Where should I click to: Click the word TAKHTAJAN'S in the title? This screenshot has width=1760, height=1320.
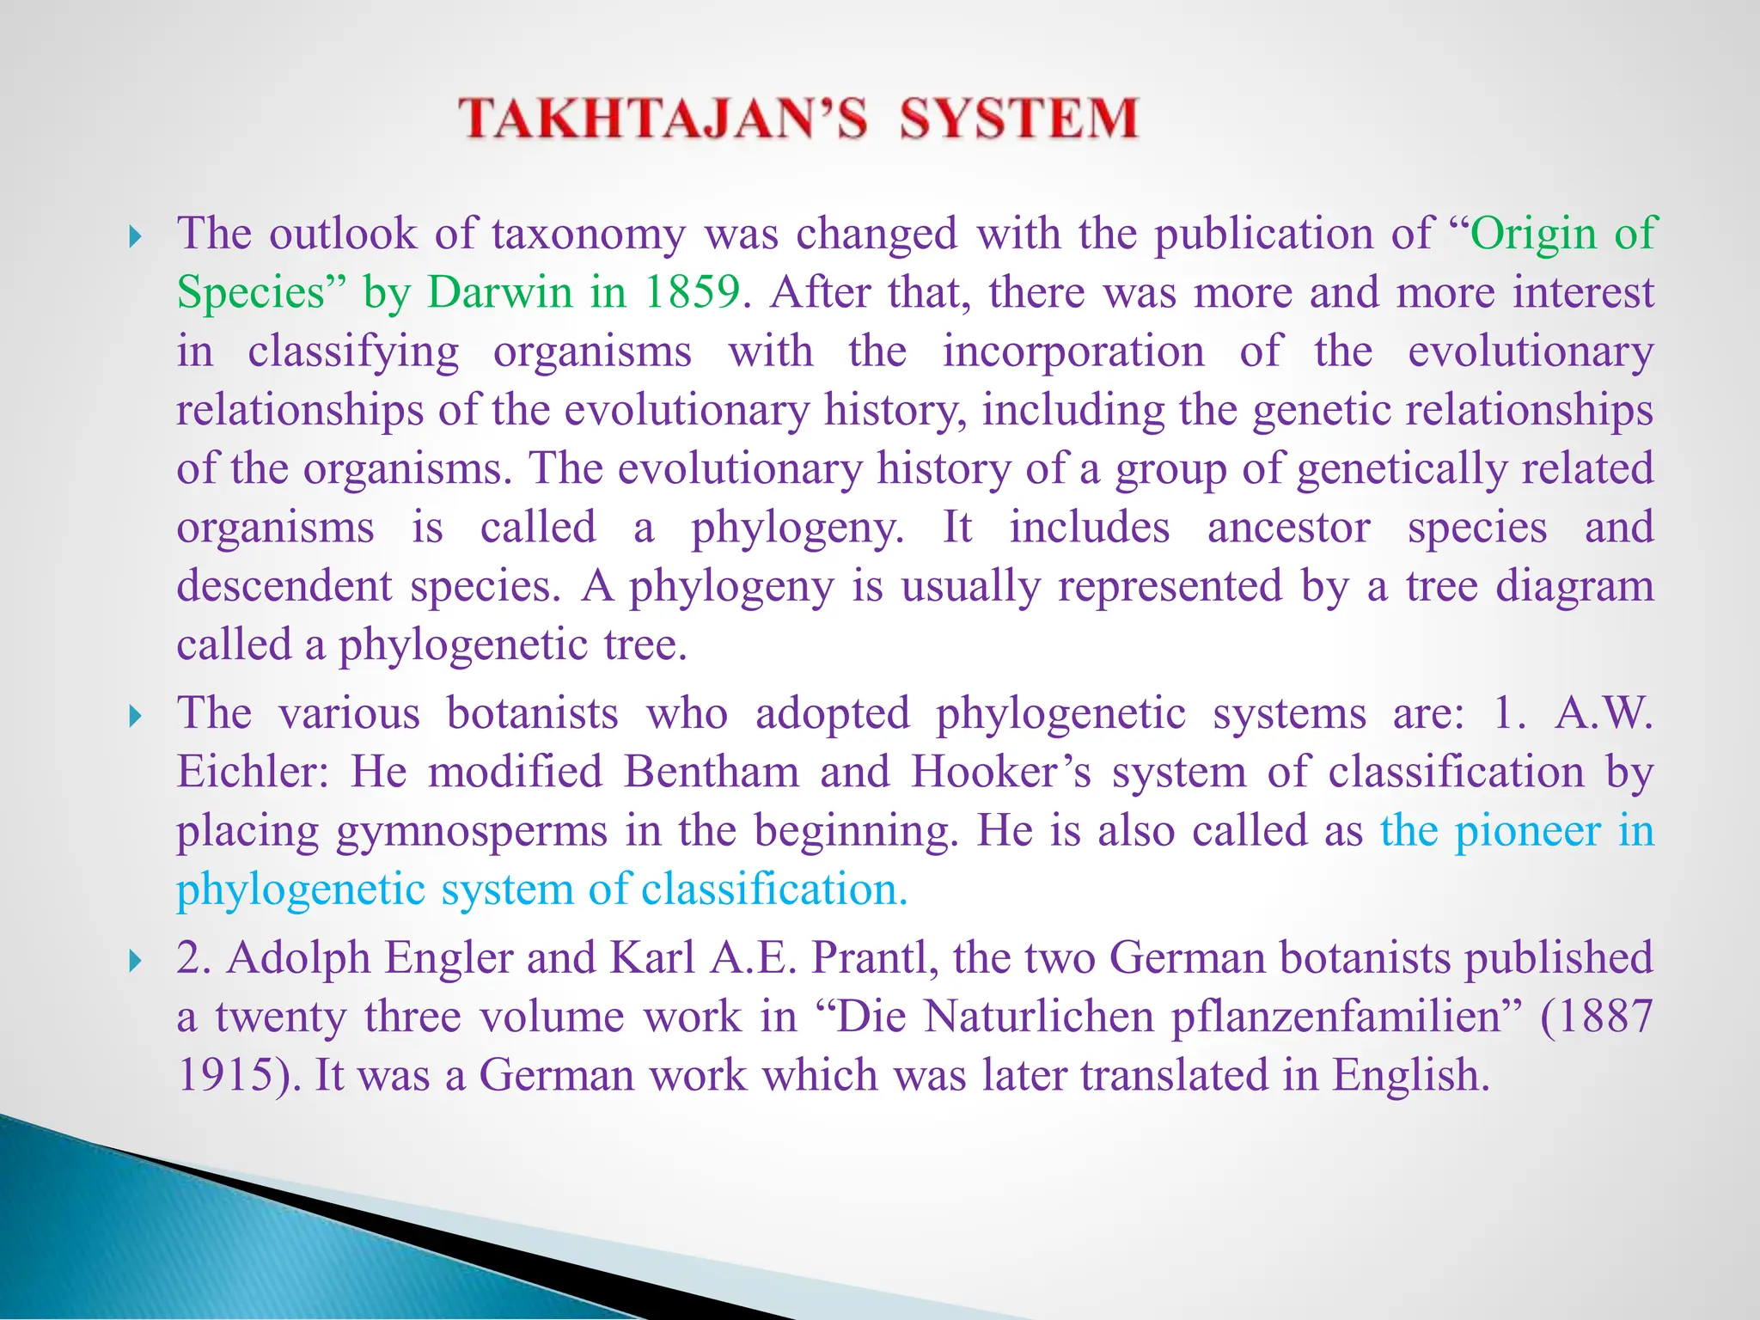[x=662, y=119]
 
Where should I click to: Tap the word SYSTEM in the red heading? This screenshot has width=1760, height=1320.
[x=1019, y=119]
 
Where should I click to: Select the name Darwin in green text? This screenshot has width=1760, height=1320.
[x=499, y=292]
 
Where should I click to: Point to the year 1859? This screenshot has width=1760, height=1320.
[x=692, y=292]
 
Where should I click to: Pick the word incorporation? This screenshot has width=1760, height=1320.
[x=1073, y=351]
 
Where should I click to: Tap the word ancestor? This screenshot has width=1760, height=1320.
[x=1288, y=527]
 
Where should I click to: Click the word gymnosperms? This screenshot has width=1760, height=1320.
[x=471, y=831]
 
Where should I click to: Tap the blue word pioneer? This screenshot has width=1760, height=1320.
[x=1527, y=831]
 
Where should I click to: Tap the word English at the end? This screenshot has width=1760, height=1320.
[x=1409, y=1075]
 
